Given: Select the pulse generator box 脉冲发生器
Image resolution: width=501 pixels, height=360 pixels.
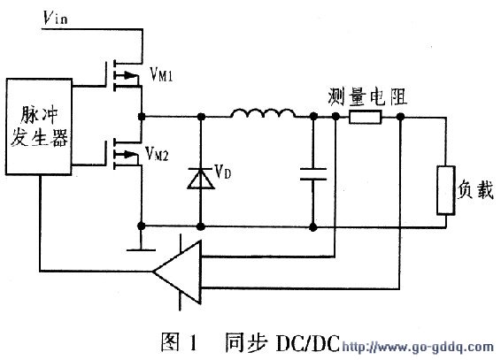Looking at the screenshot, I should coord(38,126).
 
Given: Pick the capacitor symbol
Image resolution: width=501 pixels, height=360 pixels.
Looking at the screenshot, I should coord(312,172).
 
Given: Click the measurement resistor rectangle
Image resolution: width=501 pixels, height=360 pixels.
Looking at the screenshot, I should coord(365,117).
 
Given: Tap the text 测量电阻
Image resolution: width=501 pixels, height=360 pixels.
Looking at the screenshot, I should coord(363,95).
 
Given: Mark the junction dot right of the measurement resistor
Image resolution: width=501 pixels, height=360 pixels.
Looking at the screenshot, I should coord(401,117).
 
